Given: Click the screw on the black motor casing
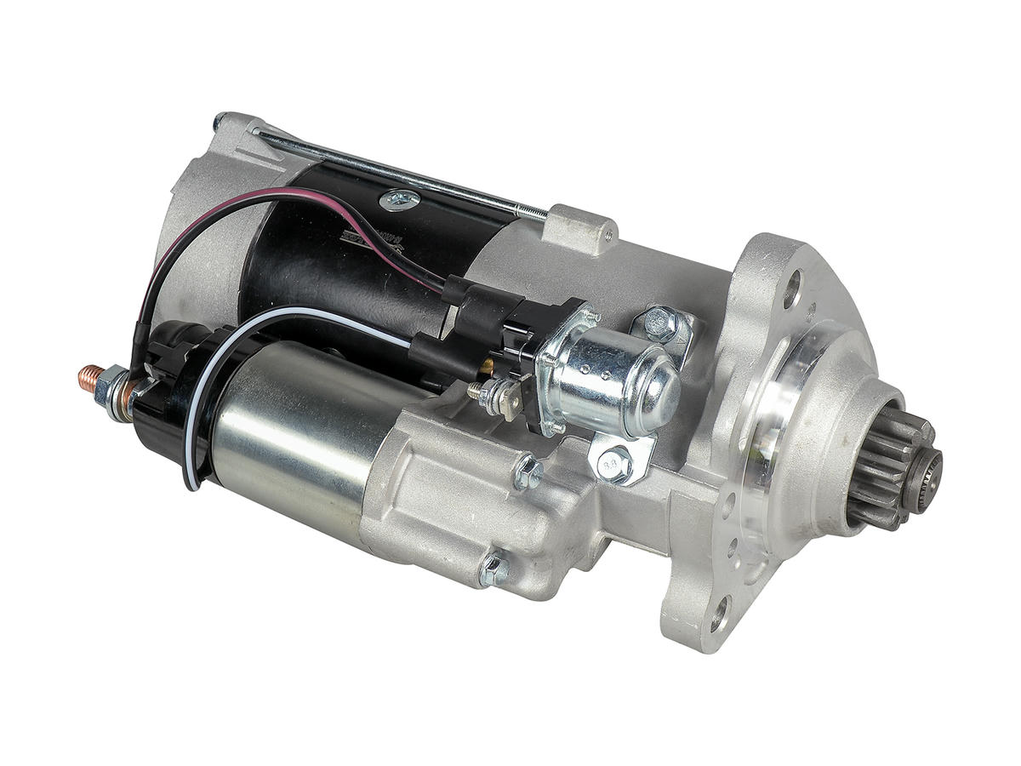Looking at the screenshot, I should [399, 201].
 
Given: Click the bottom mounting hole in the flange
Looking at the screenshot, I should [719, 611].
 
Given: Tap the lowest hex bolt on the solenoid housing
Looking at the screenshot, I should [493, 569].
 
